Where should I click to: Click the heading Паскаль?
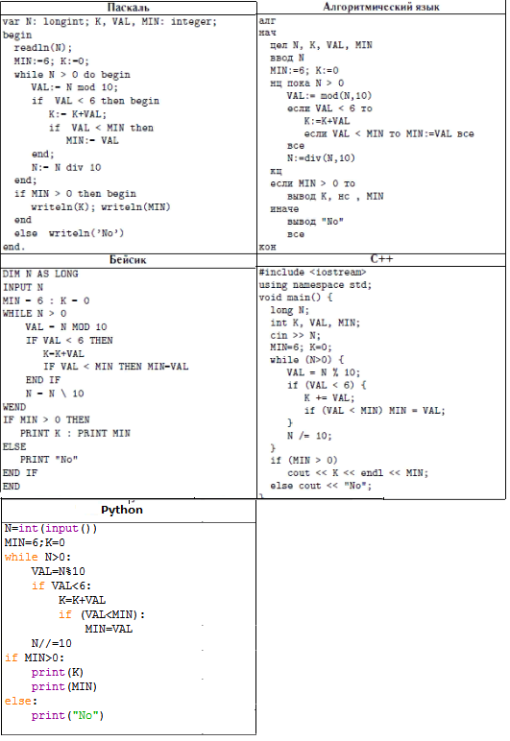tap(128, 7)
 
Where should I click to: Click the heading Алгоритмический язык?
tap(381, 7)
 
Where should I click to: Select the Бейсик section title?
tap(128, 259)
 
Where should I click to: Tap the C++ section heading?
tap(381, 258)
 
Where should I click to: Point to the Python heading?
tap(121, 510)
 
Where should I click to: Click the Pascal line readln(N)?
tap(43, 48)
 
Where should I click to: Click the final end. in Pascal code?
tap(13, 247)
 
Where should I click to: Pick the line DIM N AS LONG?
tap(40, 274)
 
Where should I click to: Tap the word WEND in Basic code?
tap(14, 407)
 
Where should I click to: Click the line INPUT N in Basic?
tap(23, 287)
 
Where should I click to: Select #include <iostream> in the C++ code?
tap(312, 273)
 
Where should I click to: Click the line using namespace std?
tap(315, 285)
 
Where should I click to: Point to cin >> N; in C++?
tap(296, 335)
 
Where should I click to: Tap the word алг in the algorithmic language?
tap(267, 21)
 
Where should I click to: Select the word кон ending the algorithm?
tap(267, 247)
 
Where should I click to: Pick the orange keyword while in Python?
tap(21, 557)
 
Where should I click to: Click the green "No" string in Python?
tap(85, 715)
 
